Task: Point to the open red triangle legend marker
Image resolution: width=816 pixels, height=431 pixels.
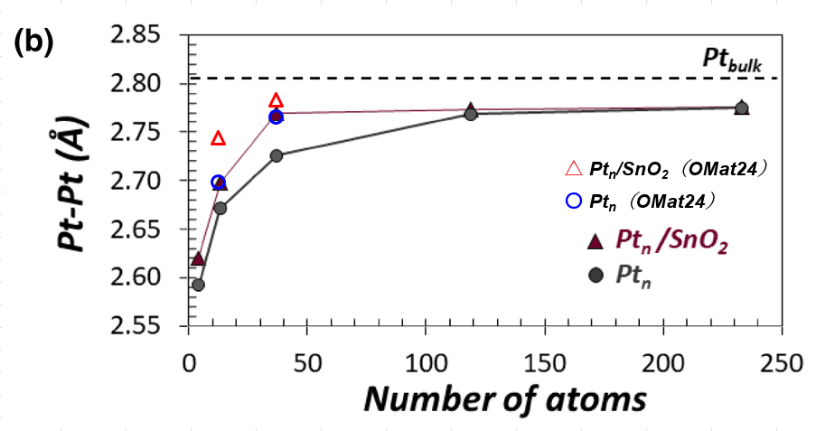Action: click(572, 169)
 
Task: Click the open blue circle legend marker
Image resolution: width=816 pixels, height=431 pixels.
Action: click(572, 201)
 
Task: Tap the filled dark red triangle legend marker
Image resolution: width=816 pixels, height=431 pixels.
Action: click(594, 239)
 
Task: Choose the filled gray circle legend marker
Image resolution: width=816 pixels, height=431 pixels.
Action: click(594, 276)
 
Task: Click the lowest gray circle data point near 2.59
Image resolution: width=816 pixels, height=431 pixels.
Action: click(198, 285)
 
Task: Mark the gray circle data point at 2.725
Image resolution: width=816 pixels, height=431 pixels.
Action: click(277, 155)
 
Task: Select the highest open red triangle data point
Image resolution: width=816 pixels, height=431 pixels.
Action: click(277, 100)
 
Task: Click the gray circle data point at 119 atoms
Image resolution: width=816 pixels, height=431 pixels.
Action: click(471, 114)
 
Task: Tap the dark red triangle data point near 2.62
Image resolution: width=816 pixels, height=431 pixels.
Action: click(198, 259)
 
